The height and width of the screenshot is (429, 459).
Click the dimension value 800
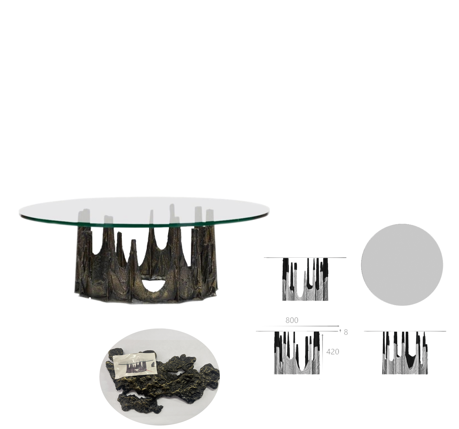(x=292, y=320)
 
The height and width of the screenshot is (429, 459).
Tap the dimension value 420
(x=333, y=352)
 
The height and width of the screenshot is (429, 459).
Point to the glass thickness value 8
(x=346, y=332)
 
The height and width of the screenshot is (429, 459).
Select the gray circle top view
(x=402, y=265)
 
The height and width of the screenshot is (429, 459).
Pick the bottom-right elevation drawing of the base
(x=405, y=353)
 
